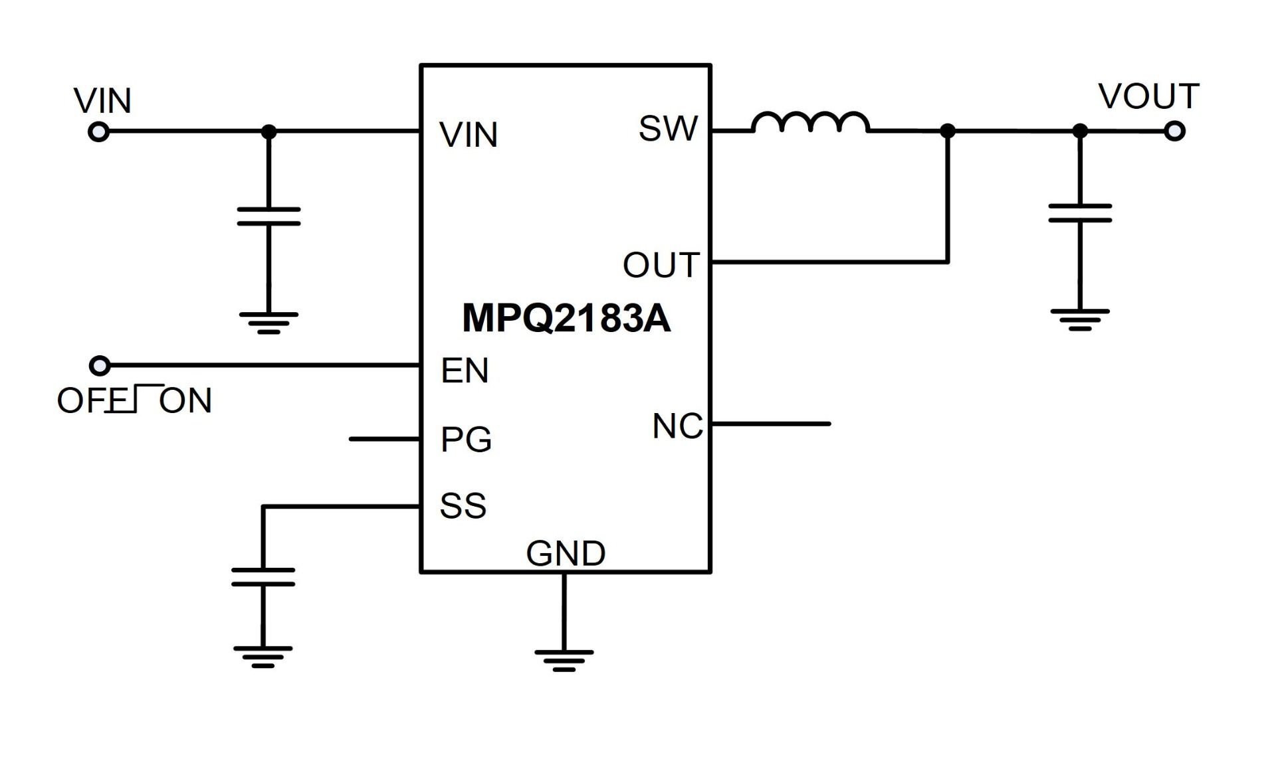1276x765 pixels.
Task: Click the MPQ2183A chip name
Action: click(x=566, y=318)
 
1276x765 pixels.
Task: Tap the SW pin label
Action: click(x=668, y=128)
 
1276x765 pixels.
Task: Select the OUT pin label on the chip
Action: click(x=661, y=265)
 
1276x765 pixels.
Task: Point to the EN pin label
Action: click(x=465, y=371)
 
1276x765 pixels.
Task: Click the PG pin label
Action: click(x=466, y=440)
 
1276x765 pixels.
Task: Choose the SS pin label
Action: click(x=463, y=506)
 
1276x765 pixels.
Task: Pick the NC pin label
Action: click(x=677, y=426)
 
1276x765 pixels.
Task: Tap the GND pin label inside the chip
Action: click(x=566, y=553)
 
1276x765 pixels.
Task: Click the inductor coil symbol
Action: click(x=810, y=124)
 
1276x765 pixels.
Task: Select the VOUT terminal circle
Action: click(x=1174, y=131)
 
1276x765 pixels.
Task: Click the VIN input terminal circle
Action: click(x=98, y=132)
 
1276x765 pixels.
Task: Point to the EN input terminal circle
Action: click(x=100, y=365)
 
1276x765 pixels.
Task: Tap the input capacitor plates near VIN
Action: click(x=268, y=216)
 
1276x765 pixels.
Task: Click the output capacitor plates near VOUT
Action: click(x=1080, y=213)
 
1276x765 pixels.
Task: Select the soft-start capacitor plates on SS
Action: click(x=263, y=577)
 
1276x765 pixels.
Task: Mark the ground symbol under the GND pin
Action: click(x=564, y=660)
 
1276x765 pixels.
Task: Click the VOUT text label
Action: click(x=1148, y=97)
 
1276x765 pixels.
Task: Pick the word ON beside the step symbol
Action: click(x=185, y=401)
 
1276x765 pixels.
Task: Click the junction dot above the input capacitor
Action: click(x=268, y=132)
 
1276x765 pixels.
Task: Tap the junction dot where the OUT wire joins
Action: click(x=948, y=131)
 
